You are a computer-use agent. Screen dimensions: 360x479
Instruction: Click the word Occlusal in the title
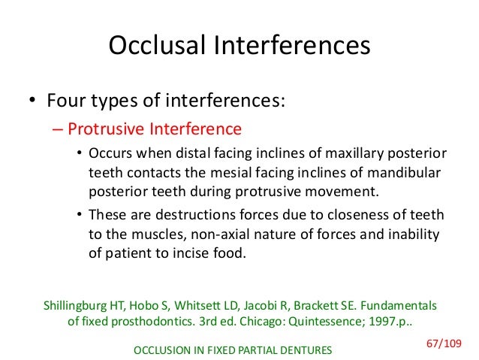tap(157, 47)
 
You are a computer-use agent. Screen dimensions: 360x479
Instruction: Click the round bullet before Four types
tap(32, 101)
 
